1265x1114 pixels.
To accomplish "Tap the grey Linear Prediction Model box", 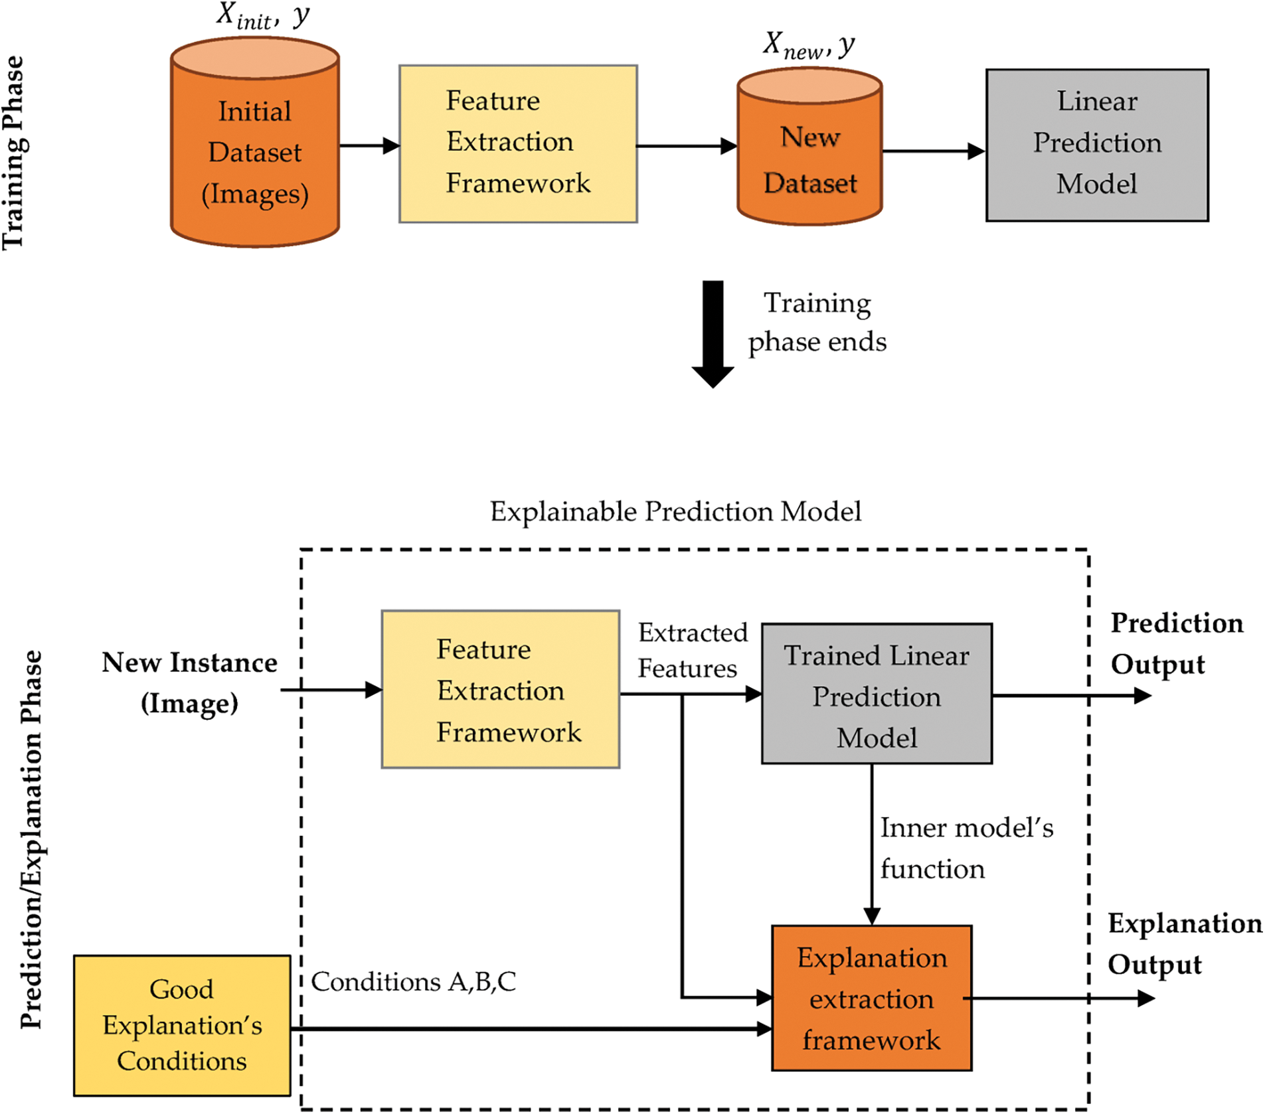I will pyautogui.click(x=1097, y=144).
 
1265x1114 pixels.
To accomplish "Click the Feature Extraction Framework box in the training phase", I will pyautogui.click(x=518, y=143).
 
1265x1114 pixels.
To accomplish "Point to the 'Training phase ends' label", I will pyautogui.click(x=817, y=323).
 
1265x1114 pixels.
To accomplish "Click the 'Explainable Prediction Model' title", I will pyautogui.click(x=675, y=512).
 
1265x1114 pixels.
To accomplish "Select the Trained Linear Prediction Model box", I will pyautogui.click(x=877, y=694).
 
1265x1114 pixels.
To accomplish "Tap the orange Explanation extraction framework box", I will pyautogui.click(x=871, y=998).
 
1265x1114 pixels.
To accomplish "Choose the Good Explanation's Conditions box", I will pyautogui.click(x=182, y=1025).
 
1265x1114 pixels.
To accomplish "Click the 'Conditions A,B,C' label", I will pyautogui.click(x=413, y=982).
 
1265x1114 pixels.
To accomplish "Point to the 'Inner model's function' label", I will pyautogui.click(x=966, y=848).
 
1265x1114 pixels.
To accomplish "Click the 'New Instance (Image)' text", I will pyautogui.click(x=189, y=682).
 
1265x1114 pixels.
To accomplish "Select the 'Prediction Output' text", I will pyautogui.click(x=1176, y=643).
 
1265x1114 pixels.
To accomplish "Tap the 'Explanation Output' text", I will pyautogui.click(x=1184, y=943).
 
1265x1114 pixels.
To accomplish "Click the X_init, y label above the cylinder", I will pyautogui.click(x=263, y=16).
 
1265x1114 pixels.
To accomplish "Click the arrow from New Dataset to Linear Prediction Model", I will pyautogui.click(x=933, y=151).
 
